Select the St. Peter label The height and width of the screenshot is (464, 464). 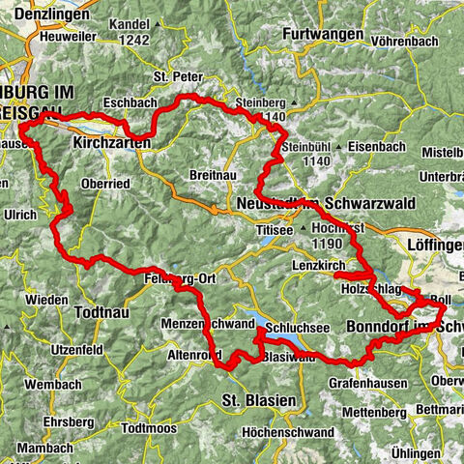(174, 74)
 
